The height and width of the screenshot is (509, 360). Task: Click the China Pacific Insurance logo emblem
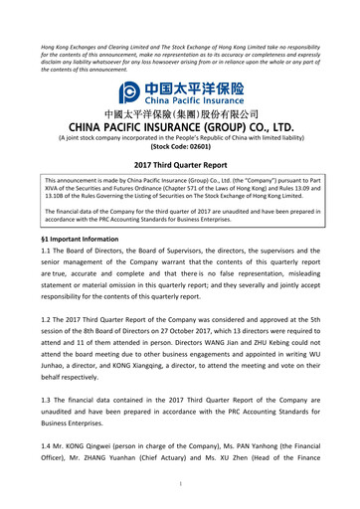click(129, 93)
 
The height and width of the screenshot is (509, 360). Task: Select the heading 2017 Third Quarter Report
click(180, 163)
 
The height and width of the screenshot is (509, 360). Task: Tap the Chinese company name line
click(180, 114)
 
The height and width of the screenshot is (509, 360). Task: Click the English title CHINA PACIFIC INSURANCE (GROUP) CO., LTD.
click(180, 128)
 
